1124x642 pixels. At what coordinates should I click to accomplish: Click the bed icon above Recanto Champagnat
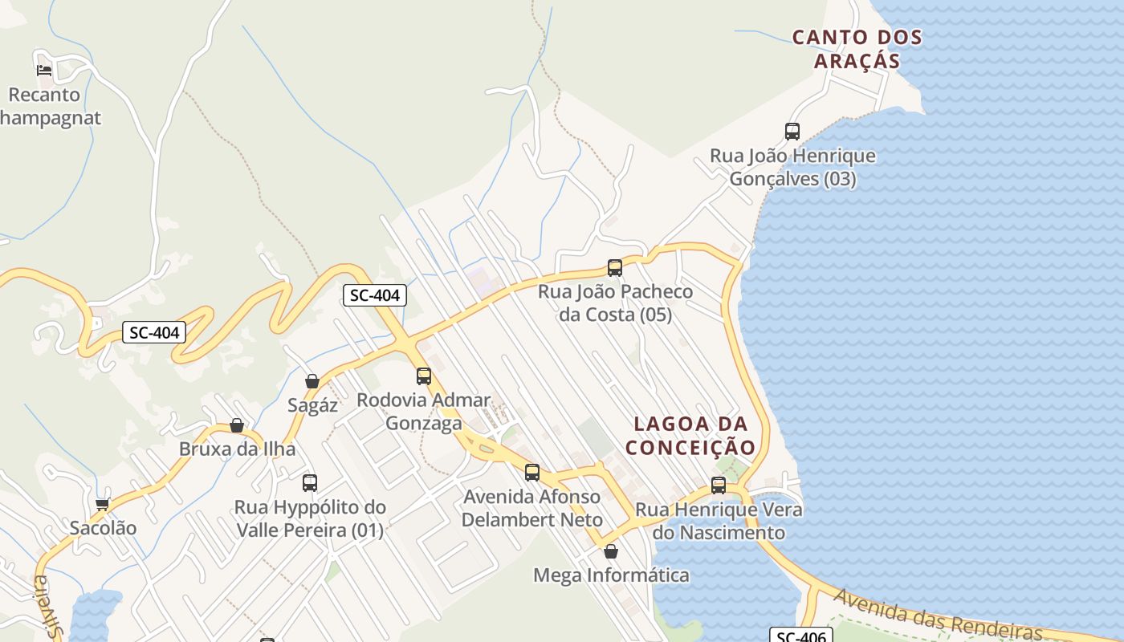[44, 71]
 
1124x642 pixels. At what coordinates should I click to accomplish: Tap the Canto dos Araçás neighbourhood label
[857, 49]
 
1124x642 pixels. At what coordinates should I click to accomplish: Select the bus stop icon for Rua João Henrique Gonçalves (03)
[792, 132]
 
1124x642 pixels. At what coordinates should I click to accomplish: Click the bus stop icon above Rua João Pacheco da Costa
[615, 268]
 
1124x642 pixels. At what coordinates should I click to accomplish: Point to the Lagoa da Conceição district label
[690, 436]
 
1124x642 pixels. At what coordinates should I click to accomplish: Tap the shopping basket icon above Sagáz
[312, 381]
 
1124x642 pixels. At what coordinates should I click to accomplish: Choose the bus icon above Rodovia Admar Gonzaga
[424, 376]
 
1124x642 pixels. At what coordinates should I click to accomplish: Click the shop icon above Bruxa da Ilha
[237, 425]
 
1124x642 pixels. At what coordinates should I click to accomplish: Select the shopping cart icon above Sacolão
[102, 504]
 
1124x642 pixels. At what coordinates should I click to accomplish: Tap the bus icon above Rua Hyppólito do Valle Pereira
[310, 483]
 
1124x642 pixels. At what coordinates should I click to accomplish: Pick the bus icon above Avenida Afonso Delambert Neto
[532, 473]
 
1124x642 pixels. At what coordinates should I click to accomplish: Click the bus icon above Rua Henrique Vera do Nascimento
[719, 486]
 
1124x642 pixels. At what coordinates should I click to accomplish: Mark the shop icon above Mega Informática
[611, 551]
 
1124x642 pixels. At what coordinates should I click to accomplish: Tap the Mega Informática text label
[611, 575]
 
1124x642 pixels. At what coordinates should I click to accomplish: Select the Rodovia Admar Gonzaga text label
[424, 411]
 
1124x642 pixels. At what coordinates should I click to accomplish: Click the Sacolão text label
[103, 528]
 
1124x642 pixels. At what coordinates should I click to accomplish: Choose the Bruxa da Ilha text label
[237, 449]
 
